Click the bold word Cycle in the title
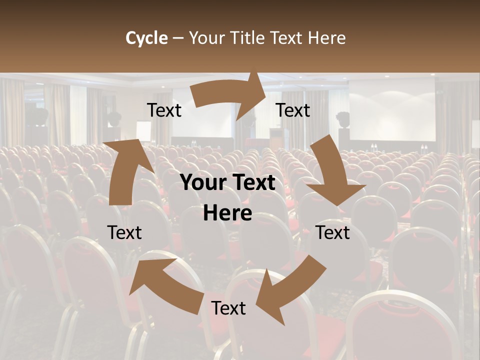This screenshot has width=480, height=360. coord(146,38)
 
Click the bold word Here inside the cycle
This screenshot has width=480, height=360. coord(227,213)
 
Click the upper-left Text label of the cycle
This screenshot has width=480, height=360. coord(164,110)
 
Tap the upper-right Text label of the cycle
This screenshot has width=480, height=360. coord(293,110)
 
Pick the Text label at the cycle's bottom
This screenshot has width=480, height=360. coord(228,308)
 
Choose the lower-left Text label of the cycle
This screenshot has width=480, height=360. coord(124,232)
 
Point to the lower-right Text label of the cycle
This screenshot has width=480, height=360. coord(333,232)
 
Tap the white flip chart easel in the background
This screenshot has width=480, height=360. coord(144,131)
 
